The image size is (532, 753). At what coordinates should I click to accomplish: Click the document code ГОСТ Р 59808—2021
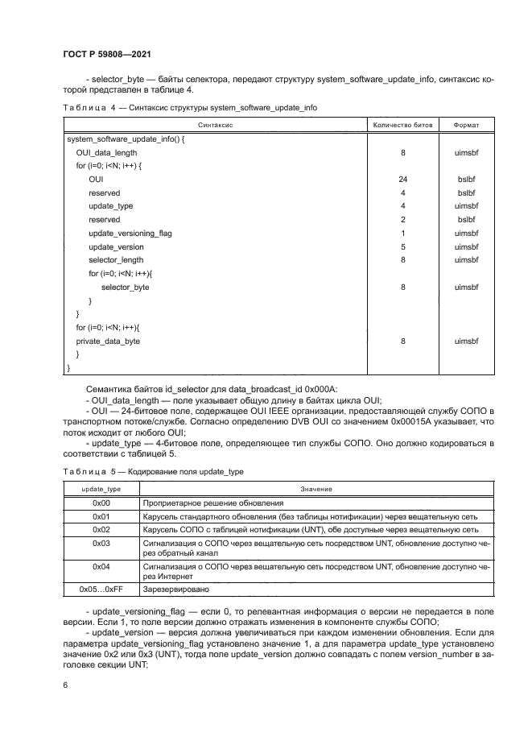pos(107,54)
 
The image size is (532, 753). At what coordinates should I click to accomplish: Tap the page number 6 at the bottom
pos(64,685)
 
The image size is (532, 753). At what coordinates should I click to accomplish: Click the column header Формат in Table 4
pos(466,126)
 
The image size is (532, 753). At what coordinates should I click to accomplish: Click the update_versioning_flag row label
pos(130,234)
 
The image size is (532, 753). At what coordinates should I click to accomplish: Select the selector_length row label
pos(116,260)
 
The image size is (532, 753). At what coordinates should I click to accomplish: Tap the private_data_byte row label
pos(108,341)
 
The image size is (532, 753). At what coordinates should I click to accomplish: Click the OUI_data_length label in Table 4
pos(106,152)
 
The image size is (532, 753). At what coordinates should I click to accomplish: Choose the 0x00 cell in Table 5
pos(101,503)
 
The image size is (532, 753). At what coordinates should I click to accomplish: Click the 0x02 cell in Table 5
pos(101,529)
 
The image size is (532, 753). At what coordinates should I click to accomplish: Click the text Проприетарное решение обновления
pos(208,503)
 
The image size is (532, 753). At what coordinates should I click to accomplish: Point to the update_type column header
pos(101,488)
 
